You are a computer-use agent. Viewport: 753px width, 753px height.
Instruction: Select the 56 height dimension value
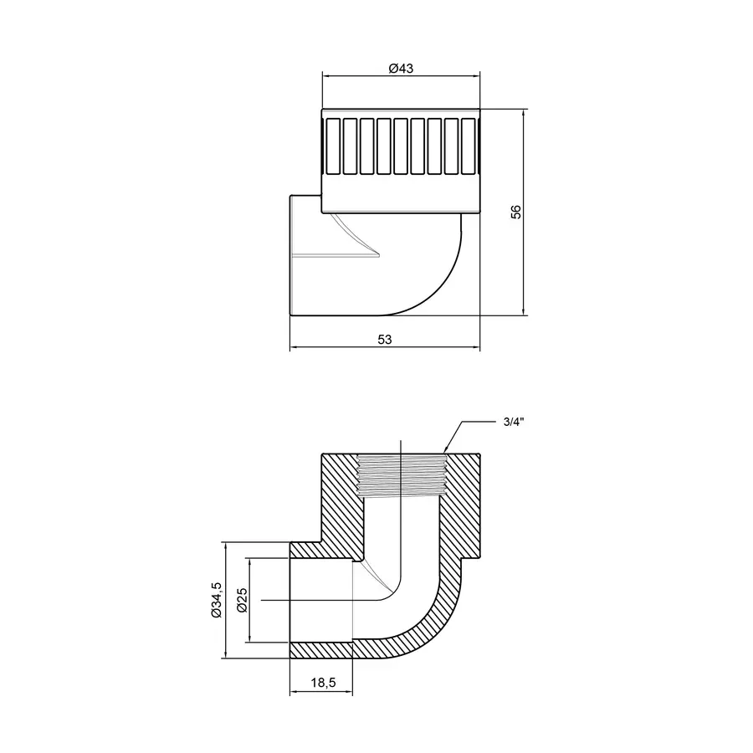[x=516, y=213]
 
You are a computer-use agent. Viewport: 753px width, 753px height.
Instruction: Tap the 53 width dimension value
[x=384, y=340]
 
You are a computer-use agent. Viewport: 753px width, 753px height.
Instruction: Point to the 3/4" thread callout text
[x=513, y=422]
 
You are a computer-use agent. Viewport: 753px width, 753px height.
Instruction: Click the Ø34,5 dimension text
[x=216, y=600]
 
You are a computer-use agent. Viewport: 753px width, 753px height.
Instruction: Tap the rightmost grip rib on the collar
[x=467, y=146]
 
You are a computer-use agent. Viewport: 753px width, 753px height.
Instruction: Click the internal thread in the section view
[x=402, y=475]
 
